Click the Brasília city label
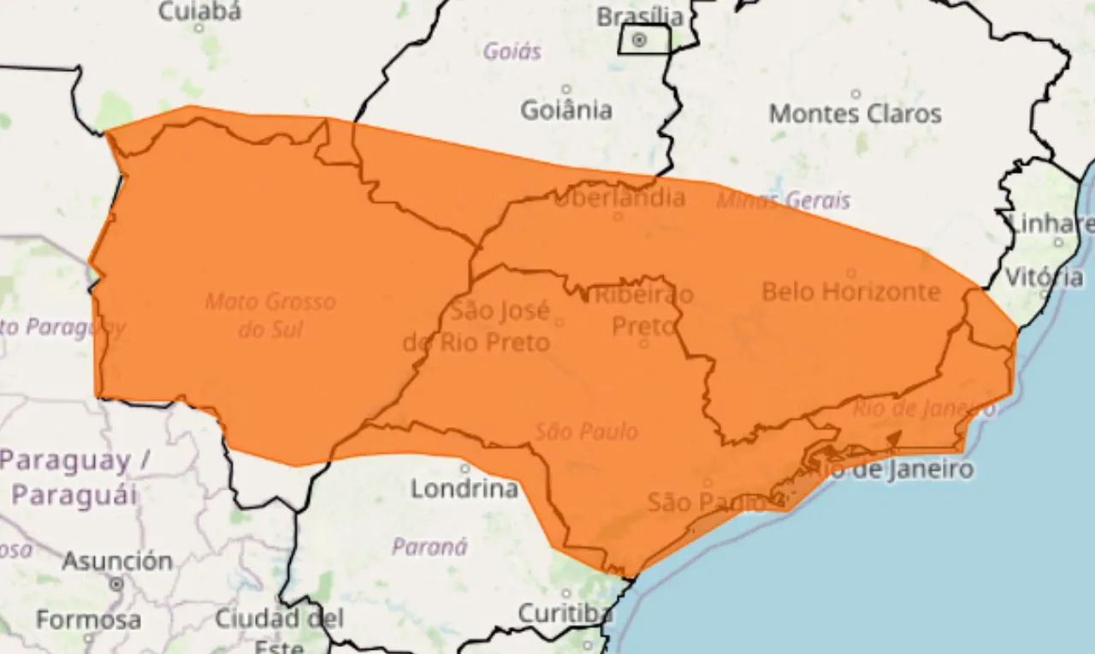coord(640,15)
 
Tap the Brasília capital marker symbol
coord(640,39)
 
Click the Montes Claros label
coord(855,113)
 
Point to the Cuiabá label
coord(200,11)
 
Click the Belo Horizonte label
coord(850,291)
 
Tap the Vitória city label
coord(1044,276)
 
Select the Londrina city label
coord(465,489)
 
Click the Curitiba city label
coord(565,613)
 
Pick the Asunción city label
coord(116,562)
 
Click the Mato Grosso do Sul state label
coord(270,314)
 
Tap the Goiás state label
coord(512,51)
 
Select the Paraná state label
coord(429,546)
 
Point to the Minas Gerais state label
coord(784,200)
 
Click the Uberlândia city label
coord(619,198)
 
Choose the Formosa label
coord(88,619)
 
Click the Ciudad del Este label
coord(279,629)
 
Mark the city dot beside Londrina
coord(465,468)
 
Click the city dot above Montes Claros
coord(855,93)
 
